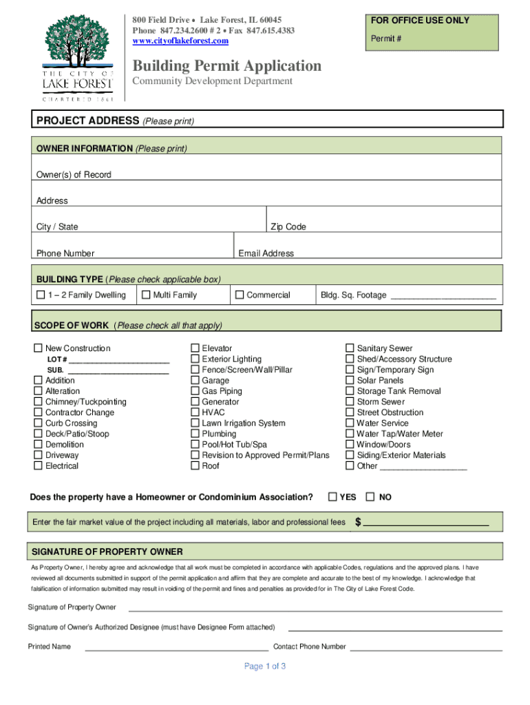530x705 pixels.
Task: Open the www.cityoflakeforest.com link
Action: tap(180, 41)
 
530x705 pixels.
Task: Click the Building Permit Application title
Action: tap(227, 66)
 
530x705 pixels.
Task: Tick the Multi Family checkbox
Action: tap(146, 295)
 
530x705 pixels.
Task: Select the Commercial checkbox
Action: tap(240, 295)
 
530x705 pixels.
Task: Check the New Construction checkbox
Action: tap(39, 348)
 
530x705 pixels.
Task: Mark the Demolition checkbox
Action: tap(39, 445)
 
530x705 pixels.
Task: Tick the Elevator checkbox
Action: tap(195, 348)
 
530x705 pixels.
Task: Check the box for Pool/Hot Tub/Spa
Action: tap(195, 445)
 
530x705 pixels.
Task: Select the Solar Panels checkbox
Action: tap(350, 381)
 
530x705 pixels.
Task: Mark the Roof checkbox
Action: tap(195, 466)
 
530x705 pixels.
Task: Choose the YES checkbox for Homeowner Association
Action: tap(333, 496)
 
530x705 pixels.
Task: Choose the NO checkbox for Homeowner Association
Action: tap(371, 496)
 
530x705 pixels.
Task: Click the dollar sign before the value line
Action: tap(358, 522)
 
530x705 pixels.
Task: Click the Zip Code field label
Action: tap(288, 227)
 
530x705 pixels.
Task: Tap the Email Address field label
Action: tap(266, 253)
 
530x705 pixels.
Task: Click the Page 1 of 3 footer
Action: tap(265, 666)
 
